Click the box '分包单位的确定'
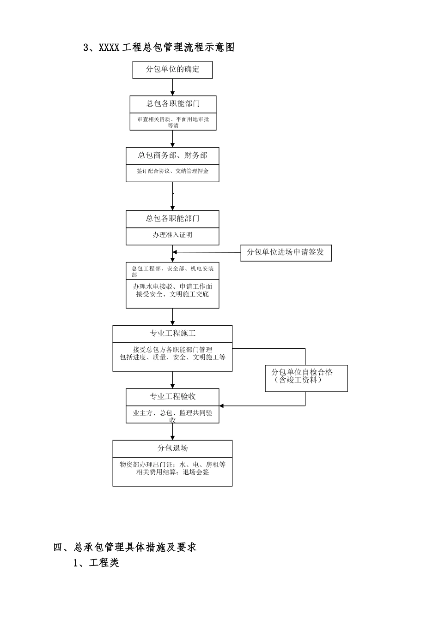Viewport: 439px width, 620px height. (172, 70)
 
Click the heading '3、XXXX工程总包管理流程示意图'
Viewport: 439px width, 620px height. (159, 47)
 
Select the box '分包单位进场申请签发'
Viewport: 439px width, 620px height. (286, 252)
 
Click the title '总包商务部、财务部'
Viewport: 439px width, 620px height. (172, 155)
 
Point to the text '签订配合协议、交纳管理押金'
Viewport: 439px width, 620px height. (172, 171)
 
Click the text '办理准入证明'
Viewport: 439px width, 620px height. (172, 235)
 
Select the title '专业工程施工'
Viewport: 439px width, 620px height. (172, 334)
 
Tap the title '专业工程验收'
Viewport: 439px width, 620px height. (172, 397)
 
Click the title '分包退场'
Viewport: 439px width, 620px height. (172, 448)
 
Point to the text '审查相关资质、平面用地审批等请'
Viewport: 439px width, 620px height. (173, 122)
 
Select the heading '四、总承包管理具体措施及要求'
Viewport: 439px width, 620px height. (125, 547)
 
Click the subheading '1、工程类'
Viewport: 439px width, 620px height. (96, 563)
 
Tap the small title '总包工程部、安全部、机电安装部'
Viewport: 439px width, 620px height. (172, 271)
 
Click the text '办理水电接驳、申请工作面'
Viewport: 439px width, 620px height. (172, 287)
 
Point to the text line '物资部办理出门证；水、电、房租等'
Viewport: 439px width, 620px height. (172, 465)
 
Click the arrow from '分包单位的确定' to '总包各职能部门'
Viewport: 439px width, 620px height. (172, 87)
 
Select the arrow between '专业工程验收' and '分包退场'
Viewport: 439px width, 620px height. (172, 432)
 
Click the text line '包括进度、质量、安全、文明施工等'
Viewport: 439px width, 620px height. (172, 357)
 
